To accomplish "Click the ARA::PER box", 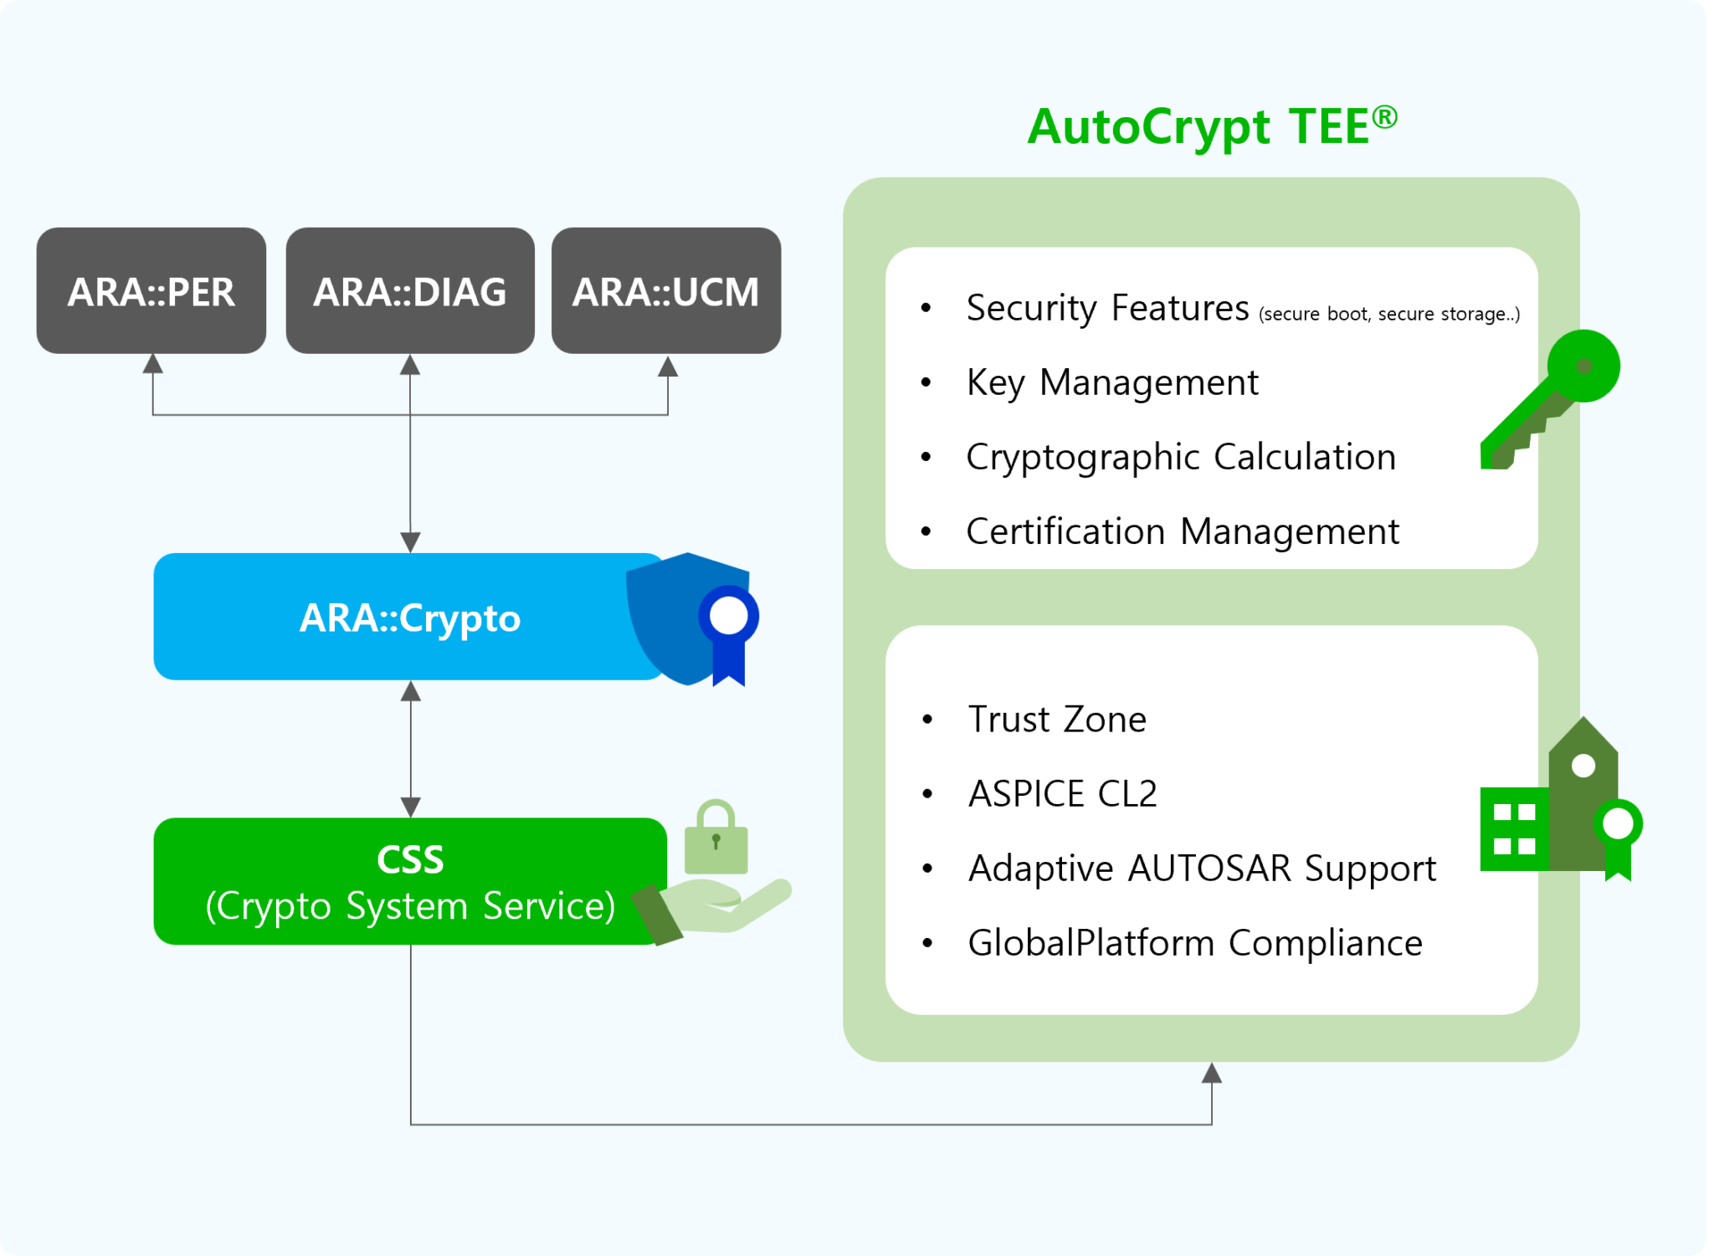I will click(x=151, y=290).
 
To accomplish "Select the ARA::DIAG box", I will click(x=410, y=290).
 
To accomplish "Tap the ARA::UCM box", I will click(x=666, y=290).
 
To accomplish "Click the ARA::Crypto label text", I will click(x=410, y=618).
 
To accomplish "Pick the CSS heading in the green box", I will click(x=410, y=859).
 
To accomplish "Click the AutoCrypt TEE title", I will click(x=1212, y=127).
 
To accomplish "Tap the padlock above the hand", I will click(x=716, y=838).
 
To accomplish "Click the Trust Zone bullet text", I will click(x=1057, y=720).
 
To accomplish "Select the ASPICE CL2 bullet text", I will click(x=1062, y=793).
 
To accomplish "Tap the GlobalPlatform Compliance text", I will click(x=1194, y=943).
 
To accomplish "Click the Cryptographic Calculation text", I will click(x=1180, y=457).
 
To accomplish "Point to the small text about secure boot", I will click(x=1388, y=315).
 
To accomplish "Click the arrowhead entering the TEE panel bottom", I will click(x=1212, y=1074).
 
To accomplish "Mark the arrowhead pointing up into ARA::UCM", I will click(x=667, y=367).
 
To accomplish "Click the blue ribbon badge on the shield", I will click(x=729, y=633).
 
